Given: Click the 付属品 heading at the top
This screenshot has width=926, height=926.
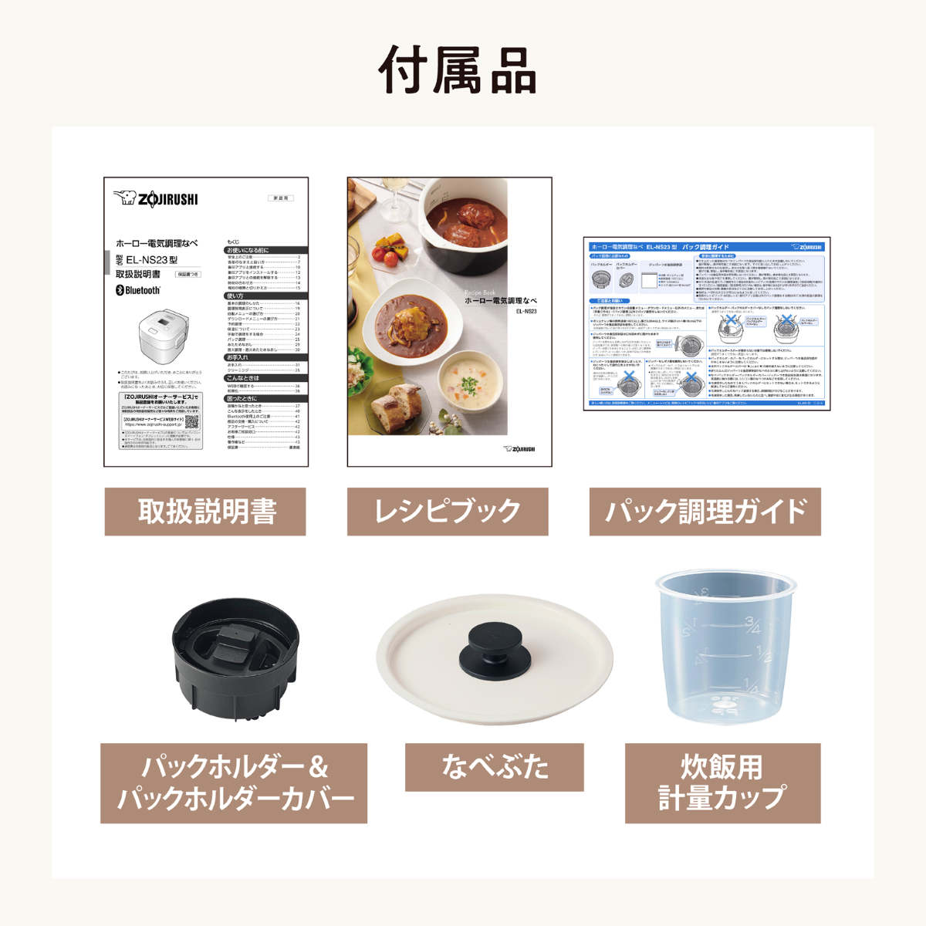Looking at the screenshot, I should click(458, 70).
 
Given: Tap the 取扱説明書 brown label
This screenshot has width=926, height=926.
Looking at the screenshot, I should click(205, 512).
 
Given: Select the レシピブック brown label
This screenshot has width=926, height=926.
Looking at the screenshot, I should click(448, 512).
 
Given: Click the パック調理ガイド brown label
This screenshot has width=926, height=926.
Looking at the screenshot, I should click(705, 512).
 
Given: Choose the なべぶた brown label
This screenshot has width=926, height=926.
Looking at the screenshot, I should click(495, 767).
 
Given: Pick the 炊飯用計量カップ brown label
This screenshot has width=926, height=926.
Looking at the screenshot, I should click(722, 783).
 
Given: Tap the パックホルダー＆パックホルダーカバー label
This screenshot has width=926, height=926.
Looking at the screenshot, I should click(234, 783).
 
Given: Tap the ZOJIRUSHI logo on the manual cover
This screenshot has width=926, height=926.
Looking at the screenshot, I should click(156, 199).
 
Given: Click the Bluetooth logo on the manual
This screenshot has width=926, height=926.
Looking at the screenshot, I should click(138, 290).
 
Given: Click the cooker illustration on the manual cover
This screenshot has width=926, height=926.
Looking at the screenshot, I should click(164, 331).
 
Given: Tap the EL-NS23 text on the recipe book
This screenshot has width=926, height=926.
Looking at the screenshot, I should click(526, 312).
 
